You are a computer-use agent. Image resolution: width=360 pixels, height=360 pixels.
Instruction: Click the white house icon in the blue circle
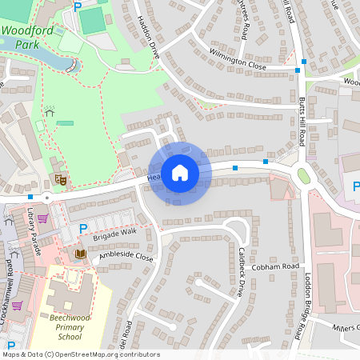tap(180, 173)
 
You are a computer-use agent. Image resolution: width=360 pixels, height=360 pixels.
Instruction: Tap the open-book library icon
tap(79, 254)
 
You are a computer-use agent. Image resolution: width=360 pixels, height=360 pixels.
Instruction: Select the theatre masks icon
tap(58, 180)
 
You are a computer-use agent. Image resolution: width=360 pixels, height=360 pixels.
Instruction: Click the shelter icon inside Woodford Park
tap(50, 112)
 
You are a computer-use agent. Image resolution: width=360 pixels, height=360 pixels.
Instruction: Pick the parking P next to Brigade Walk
tap(82, 230)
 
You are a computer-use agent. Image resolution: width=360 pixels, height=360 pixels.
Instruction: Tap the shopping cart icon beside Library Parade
tap(42, 217)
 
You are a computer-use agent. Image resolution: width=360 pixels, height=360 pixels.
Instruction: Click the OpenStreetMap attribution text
tap(81, 354)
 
